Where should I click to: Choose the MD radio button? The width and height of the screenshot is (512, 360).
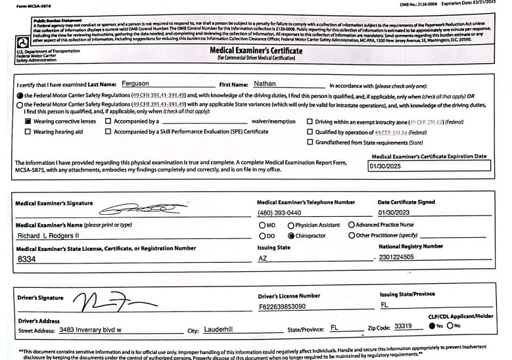point(262,225)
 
